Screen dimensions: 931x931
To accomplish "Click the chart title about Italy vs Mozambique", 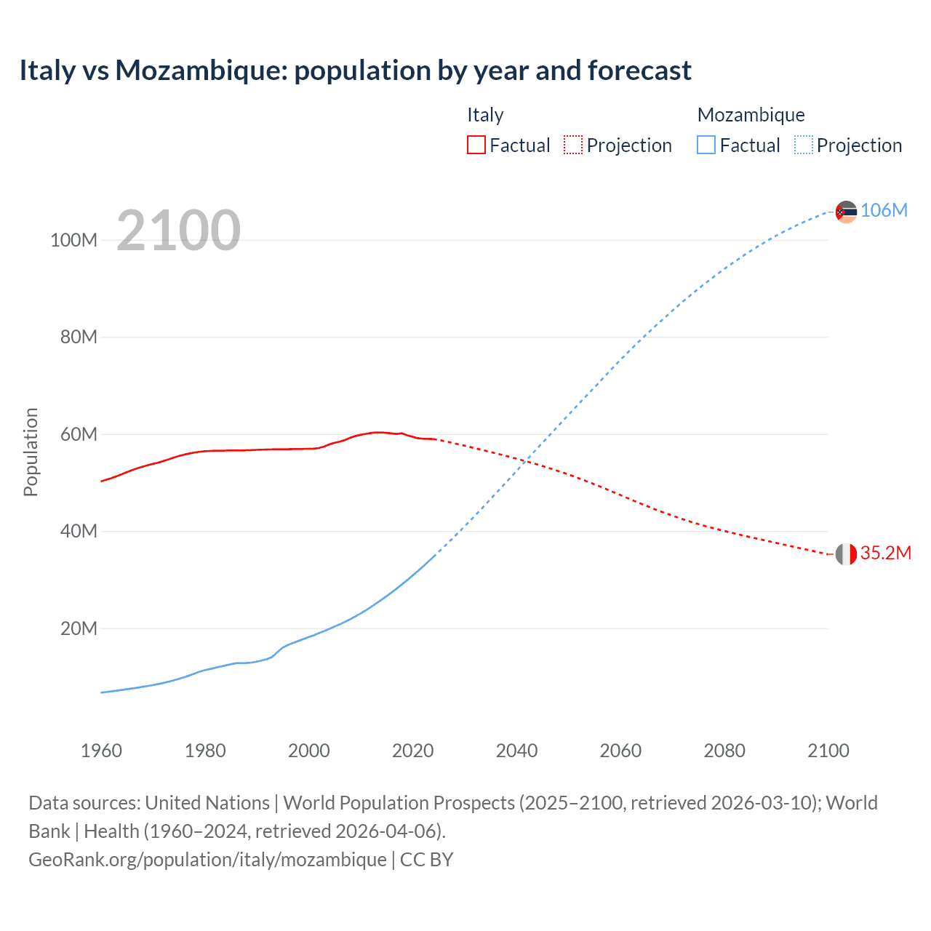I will coord(355,71).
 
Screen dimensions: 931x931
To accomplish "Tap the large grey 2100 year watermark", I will coord(178,231).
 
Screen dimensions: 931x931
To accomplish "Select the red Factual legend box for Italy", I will coord(476,145).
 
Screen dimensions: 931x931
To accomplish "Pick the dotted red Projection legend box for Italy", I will coord(573,145).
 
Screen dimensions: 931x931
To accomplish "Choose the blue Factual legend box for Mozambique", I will coord(706,145).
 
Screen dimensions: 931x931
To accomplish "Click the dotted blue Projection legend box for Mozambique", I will coord(803,145).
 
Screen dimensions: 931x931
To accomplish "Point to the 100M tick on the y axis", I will coord(73,240).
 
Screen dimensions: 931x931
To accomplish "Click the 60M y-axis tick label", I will coord(79,434).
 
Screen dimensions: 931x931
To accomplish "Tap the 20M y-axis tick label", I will coord(79,628).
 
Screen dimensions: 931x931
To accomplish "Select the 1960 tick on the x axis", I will coord(101,751).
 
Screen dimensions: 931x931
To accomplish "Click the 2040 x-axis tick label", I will coord(516,751).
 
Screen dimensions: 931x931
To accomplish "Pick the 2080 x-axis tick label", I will coord(724,751).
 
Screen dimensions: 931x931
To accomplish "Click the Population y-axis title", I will coord(31,452).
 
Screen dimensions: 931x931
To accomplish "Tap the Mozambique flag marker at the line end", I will coord(846,212).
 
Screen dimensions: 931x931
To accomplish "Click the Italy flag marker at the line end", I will coord(846,554).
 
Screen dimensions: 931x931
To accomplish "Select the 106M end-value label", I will coord(884,210).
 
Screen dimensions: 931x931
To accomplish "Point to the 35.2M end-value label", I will coord(885,553).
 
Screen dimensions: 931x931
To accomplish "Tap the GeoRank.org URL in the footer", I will coord(207,860).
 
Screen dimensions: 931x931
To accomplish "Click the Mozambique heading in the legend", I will coord(751,115).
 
